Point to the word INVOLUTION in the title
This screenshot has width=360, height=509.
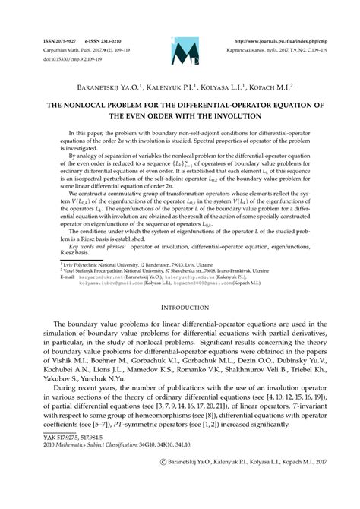click(x=233, y=99)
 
